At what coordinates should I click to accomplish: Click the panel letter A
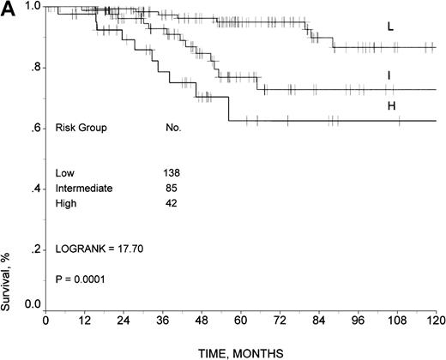(x=9, y=9)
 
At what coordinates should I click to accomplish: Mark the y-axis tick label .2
(x=33, y=250)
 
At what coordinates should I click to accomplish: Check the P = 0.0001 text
(x=81, y=278)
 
